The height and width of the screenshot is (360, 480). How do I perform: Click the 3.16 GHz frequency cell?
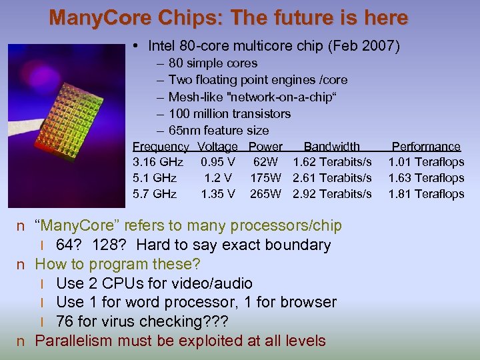(x=155, y=162)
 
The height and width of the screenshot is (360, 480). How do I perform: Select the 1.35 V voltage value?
(x=218, y=194)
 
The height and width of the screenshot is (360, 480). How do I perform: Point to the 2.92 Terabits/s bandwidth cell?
(x=332, y=194)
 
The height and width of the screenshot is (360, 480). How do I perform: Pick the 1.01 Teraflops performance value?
(x=426, y=162)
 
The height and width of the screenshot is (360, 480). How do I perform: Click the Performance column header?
(x=426, y=147)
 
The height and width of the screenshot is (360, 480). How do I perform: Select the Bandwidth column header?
(x=331, y=147)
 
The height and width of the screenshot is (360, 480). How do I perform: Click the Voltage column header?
(x=218, y=147)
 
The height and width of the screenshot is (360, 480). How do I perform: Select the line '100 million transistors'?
(x=229, y=113)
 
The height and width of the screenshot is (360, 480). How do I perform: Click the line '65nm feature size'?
(x=219, y=130)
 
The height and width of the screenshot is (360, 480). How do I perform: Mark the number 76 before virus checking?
(x=65, y=321)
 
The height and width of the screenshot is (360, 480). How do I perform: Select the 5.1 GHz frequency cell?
(x=155, y=178)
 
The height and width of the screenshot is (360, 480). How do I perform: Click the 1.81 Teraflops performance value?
(x=426, y=194)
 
